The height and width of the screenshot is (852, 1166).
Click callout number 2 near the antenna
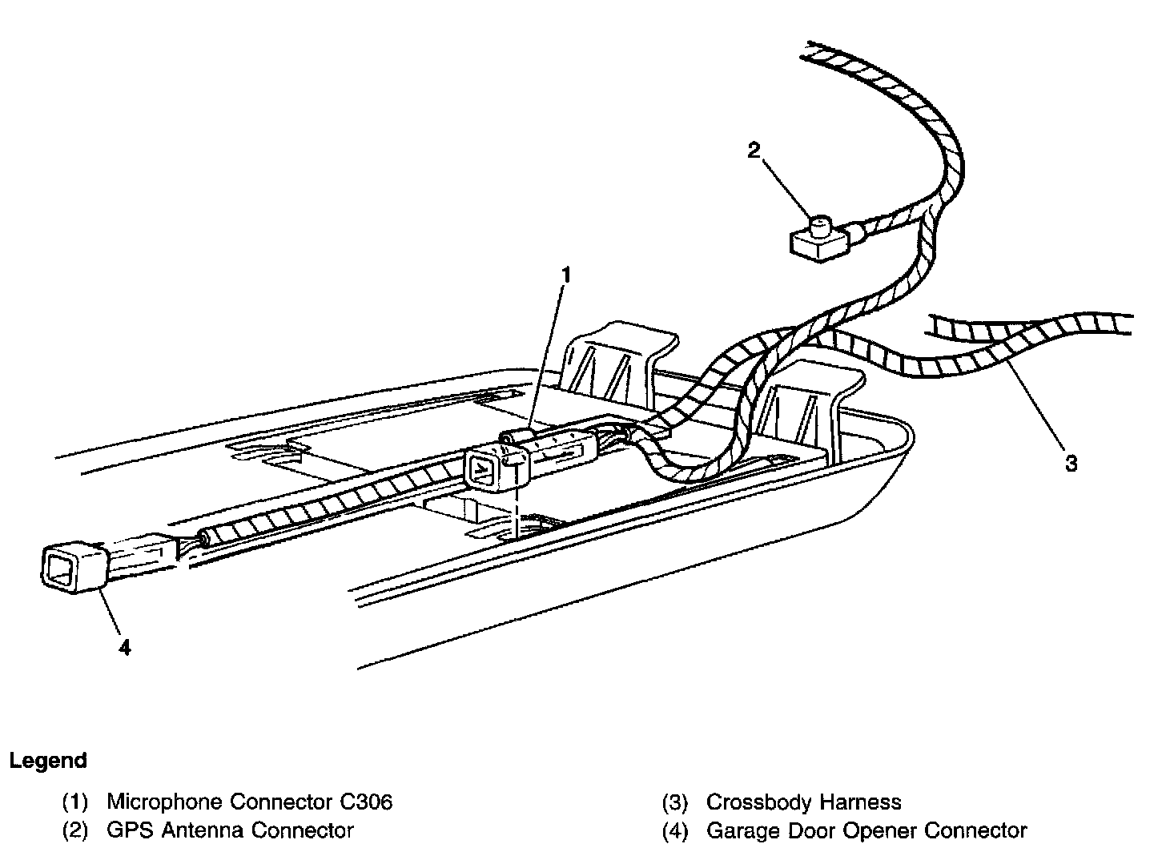(x=754, y=151)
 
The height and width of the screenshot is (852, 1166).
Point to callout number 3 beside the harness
(x=1071, y=463)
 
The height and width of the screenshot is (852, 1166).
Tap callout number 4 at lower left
(x=125, y=648)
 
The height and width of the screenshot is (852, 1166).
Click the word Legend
(x=48, y=761)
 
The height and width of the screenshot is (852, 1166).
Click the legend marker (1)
(x=74, y=802)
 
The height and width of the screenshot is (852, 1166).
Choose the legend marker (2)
(x=74, y=830)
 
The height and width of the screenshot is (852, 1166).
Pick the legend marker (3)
(x=674, y=802)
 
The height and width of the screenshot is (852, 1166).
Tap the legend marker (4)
(x=674, y=830)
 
